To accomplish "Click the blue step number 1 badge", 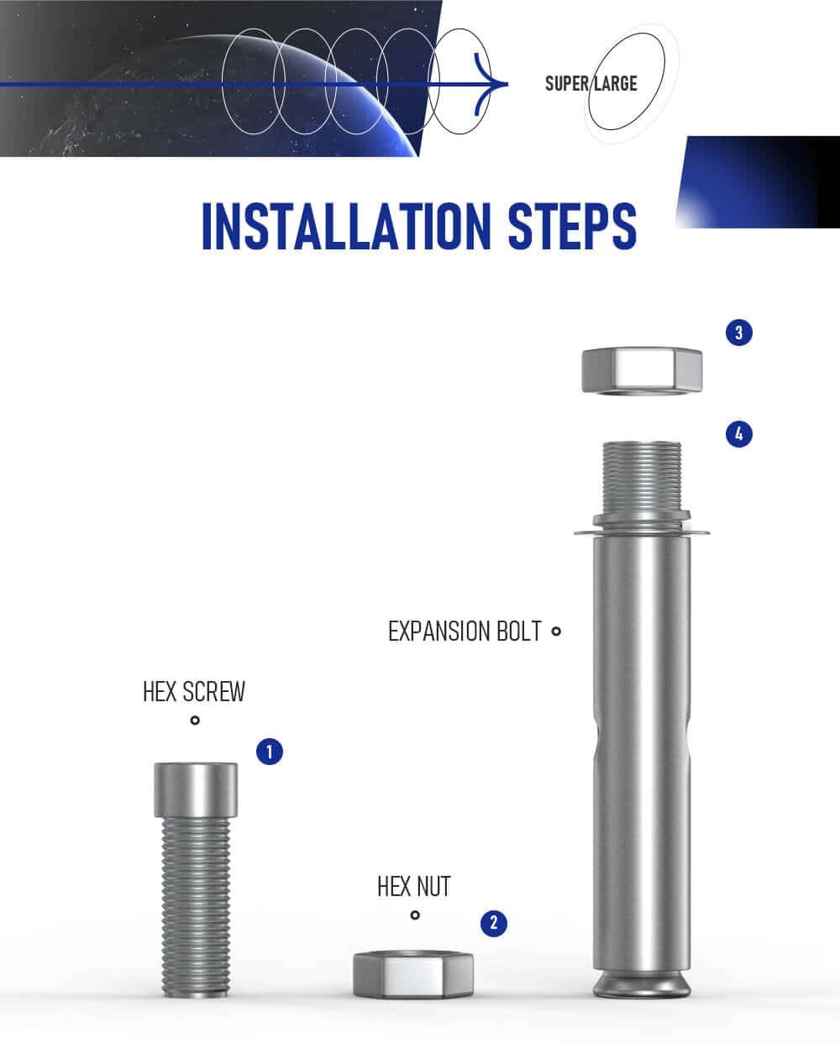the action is (270, 752).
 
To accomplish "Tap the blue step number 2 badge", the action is (494, 923).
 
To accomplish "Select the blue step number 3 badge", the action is (739, 333).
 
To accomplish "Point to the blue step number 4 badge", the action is (739, 434).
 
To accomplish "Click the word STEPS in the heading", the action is (572, 227).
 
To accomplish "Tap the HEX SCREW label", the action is (194, 692).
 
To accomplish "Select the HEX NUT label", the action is (414, 887).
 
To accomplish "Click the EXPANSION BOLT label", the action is (465, 631).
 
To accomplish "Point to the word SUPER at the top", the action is (567, 84).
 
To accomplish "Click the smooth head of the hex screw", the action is (196, 789).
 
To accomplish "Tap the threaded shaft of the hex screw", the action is (196, 906).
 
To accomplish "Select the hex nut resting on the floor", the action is (413, 974).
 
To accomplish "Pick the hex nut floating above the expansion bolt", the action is (642, 370).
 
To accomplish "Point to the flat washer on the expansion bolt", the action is (642, 532).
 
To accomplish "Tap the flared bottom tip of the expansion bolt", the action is (642, 984).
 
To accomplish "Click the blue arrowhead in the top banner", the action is (490, 84).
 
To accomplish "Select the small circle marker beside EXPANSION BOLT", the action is (556, 631).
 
